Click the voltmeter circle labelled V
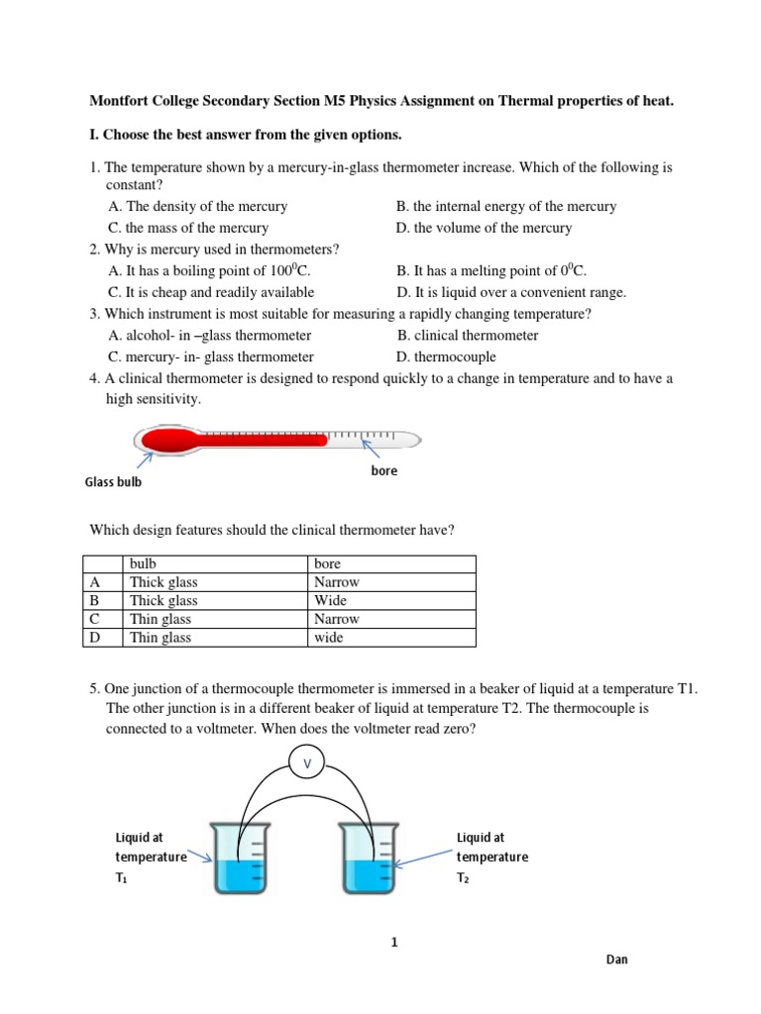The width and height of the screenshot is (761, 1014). coord(306,761)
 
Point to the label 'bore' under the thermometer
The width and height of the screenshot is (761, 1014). coord(383,470)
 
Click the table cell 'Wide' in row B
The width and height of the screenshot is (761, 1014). coord(330,601)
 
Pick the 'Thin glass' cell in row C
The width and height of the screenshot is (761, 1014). coord(161,619)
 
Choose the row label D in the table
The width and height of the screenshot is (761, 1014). coord(95,638)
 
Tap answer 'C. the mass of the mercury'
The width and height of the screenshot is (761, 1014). coord(187,228)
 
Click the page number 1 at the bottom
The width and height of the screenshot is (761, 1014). coord(394,942)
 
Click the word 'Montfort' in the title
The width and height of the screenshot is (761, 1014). coord(120,101)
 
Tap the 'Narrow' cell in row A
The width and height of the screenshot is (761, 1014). coord(336,582)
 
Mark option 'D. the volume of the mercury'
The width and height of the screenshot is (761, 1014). coord(484,228)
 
